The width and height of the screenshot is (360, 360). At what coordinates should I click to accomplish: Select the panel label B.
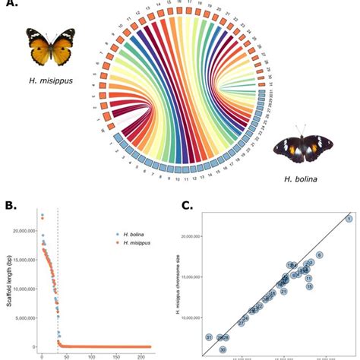click(x=11, y=204)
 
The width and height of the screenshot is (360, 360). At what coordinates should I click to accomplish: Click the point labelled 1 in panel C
click(x=349, y=219)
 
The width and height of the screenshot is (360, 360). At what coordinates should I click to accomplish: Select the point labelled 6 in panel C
click(x=320, y=255)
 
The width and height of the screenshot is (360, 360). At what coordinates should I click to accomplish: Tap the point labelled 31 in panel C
click(x=209, y=336)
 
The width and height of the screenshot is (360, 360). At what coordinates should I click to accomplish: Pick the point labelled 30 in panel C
click(x=223, y=349)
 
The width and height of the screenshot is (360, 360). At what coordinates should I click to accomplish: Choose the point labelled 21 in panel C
click(x=283, y=291)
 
